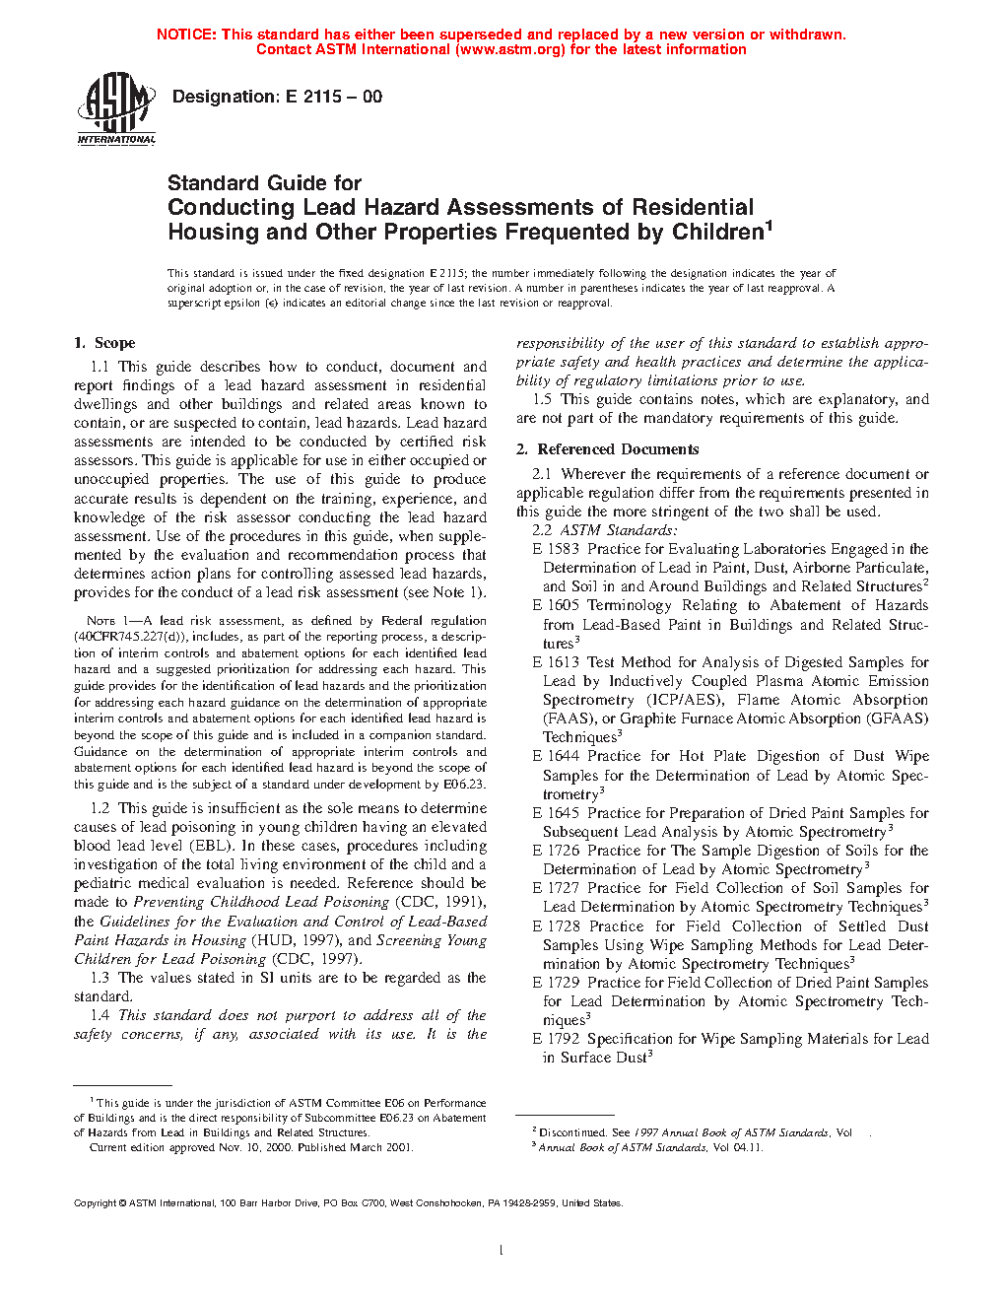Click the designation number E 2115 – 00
click(x=334, y=97)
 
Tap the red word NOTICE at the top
click(x=186, y=34)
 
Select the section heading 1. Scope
click(x=104, y=343)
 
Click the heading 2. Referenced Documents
click(x=608, y=449)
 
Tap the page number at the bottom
click(x=502, y=1251)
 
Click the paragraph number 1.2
click(x=100, y=808)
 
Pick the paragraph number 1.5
click(x=542, y=399)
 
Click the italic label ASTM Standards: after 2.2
click(x=619, y=530)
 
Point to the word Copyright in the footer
click(x=96, y=1203)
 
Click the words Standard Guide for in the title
click(x=264, y=183)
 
